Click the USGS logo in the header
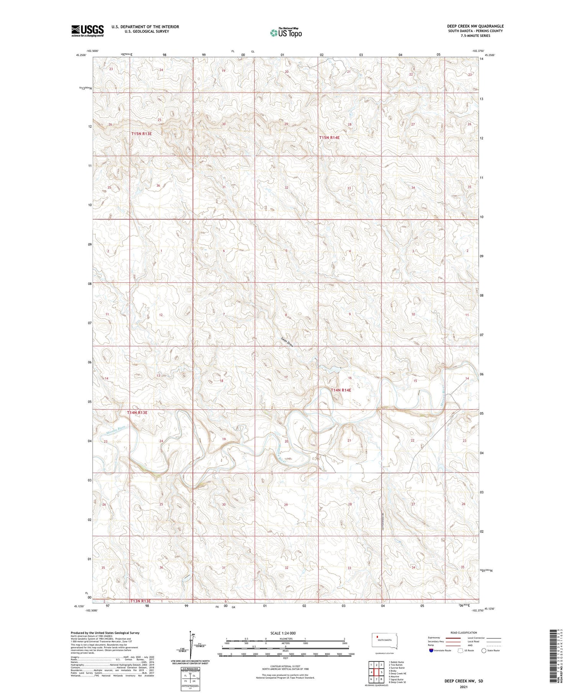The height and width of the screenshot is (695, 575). click(87, 30)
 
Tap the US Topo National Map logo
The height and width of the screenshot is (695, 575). click(286, 33)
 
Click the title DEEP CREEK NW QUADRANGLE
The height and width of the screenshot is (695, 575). click(475, 26)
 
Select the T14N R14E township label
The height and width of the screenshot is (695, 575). click(341, 390)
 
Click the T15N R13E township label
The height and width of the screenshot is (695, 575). click(141, 134)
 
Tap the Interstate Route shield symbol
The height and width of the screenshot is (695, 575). click(431, 651)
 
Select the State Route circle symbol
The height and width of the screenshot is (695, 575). click(484, 651)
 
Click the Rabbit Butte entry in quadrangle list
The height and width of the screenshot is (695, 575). click(396, 662)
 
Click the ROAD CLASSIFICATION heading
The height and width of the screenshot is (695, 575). click(463, 633)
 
